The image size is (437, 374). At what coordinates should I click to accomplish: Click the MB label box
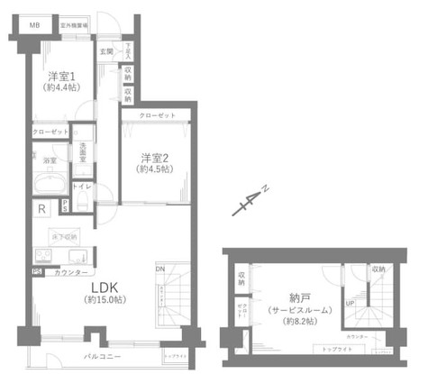point(35,24)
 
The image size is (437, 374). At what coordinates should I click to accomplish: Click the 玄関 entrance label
point(105,52)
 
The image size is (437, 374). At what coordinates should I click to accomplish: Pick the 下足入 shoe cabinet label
point(129,50)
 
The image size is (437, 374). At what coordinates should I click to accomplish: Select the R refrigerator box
point(42,209)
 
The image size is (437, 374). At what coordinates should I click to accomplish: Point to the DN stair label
point(160,269)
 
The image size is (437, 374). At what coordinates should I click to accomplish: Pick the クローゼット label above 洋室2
point(158,116)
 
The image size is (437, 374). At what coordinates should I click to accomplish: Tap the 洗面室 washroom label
point(83,148)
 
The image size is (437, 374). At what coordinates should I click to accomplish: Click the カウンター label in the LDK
point(71,272)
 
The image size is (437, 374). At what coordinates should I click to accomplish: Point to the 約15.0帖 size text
point(103,299)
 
